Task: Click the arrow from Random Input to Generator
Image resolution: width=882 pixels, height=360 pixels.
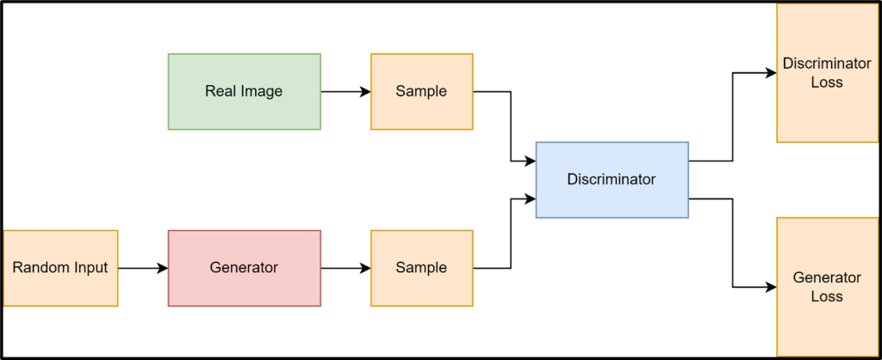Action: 142,269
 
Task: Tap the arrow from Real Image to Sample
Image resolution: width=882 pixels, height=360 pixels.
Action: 345,91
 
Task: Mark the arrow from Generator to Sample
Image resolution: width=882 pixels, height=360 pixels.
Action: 345,269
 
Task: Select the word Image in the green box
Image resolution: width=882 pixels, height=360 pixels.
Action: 262,91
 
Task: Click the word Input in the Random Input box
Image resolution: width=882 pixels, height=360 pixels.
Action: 89,268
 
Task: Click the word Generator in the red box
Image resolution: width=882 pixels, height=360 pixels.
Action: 244,268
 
